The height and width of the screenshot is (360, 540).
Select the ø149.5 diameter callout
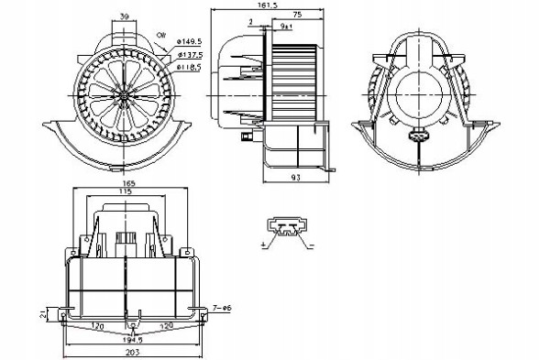(189, 41)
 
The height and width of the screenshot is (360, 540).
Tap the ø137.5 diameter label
(189, 53)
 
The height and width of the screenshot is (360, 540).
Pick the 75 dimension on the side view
(299, 16)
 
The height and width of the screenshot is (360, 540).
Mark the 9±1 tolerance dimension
(287, 27)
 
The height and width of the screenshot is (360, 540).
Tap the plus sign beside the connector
(263, 245)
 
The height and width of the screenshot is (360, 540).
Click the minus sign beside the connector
(311, 245)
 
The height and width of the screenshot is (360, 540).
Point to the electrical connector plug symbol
(287, 228)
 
